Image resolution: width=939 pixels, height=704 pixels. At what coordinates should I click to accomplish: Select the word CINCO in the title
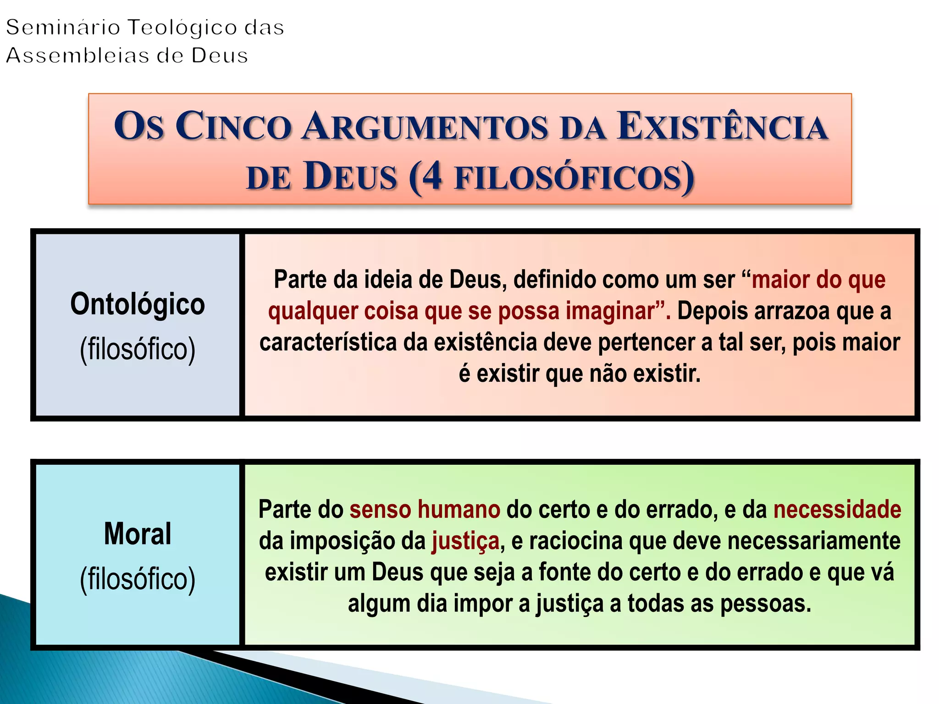pos(234,126)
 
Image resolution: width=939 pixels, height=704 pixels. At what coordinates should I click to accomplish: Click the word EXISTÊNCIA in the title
pos(722,126)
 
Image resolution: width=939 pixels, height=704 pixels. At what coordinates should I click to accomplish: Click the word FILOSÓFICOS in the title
pos(569,177)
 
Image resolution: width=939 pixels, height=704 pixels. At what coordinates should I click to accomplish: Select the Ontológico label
pos(138,304)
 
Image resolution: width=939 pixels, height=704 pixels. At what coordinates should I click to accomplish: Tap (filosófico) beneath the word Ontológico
pos(138,350)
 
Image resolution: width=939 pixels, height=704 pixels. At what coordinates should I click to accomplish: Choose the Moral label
pos(138,534)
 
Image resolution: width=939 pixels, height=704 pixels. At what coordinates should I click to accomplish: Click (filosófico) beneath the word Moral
pos(138,579)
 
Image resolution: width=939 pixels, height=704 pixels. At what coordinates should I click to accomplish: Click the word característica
pos(328,343)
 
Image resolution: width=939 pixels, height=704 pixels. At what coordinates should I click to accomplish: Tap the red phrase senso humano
pos(425,510)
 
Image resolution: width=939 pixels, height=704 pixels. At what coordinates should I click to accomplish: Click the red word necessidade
pos(837,510)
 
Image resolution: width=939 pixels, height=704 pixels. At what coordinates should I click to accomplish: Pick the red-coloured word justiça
pos(465,542)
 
